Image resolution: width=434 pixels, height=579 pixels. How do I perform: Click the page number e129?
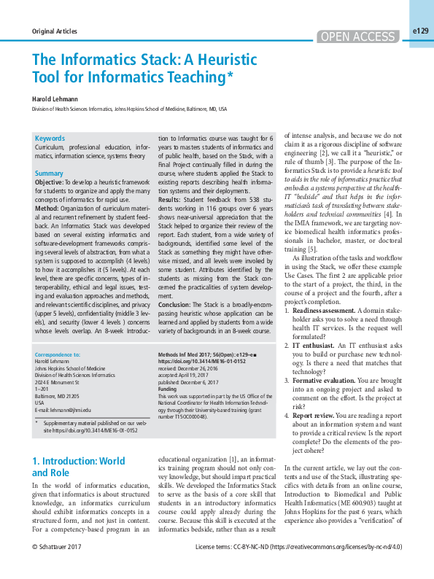tap(420, 31)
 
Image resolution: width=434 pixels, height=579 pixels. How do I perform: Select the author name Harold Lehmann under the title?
tap(55, 97)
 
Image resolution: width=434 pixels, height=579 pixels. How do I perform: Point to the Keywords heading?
tap(50, 138)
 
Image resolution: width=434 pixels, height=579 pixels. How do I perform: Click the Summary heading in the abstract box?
tap(49, 174)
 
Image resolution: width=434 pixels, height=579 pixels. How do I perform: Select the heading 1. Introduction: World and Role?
tap(79, 467)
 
